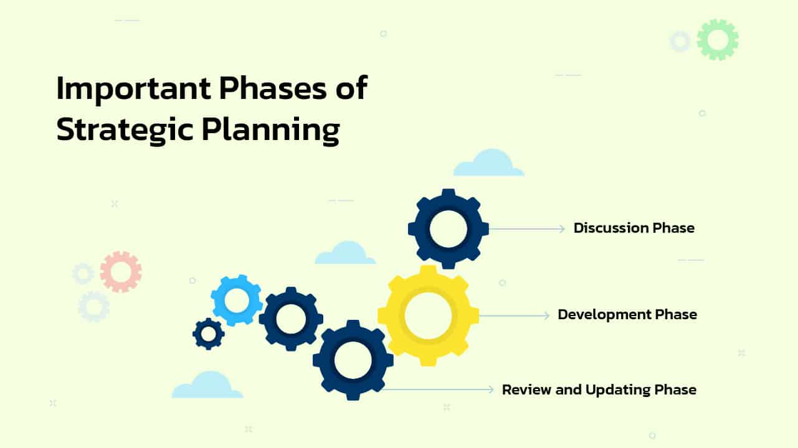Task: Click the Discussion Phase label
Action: (x=634, y=228)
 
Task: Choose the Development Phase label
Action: (x=627, y=315)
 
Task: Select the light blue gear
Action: (x=236, y=301)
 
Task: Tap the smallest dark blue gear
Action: (x=208, y=334)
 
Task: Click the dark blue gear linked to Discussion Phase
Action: (x=448, y=228)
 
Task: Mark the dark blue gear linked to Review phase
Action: (x=353, y=360)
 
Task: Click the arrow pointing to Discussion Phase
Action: (x=526, y=229)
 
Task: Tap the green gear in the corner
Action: (x=717, y=40)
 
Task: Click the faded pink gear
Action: (x=120, y=271)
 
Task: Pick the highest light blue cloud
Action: (x=488, y=163)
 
